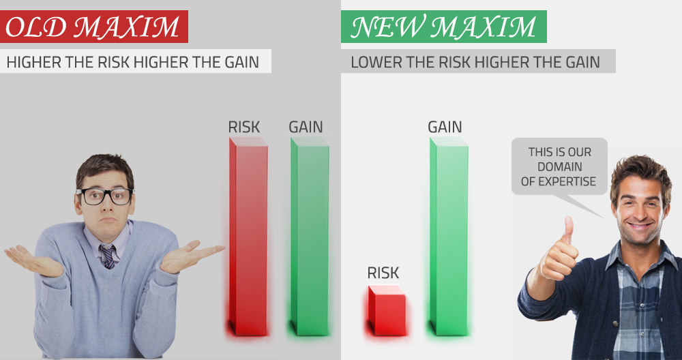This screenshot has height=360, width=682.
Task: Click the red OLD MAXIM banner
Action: [x=94, y=27]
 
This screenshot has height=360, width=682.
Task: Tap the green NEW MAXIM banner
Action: [x=444, y=27]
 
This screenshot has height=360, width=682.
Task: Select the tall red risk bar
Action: [x=248, y=237]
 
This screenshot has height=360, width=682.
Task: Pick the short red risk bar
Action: [x=387, y=310]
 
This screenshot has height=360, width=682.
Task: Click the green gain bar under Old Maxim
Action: [x=310, y=237]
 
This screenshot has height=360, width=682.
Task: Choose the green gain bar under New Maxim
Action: [x=449, y=237]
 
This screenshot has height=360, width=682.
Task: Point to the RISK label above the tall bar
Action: [x=244, y=127]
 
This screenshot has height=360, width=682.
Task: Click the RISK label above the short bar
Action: [x=383, y=273]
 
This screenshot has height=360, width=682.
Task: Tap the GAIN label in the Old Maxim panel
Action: [x=306, y=127]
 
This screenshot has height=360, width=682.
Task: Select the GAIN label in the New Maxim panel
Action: [x=445, y=127]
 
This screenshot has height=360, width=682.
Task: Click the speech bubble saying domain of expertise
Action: [x=559, y=166]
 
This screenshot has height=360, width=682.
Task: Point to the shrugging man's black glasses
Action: [x=104, y=196]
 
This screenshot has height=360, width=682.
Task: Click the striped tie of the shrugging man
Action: [x=108, y=256]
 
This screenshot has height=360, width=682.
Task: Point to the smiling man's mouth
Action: [x=640, y=225]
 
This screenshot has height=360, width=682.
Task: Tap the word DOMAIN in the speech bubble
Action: [x=560, y=167]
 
